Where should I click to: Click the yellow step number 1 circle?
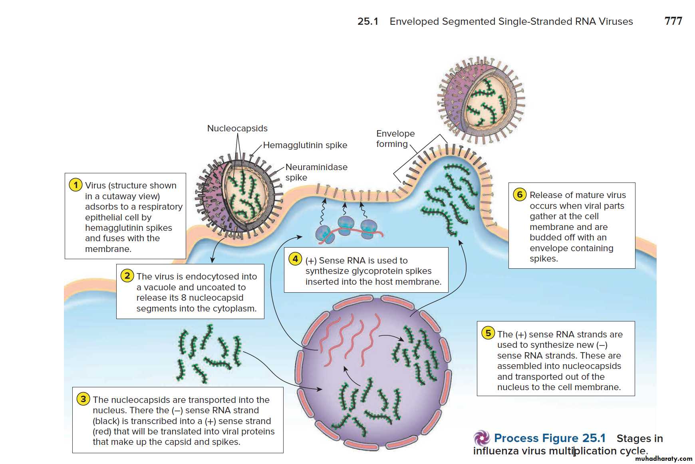(x=75, y=185)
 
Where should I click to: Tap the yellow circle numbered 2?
(x=127, y=276)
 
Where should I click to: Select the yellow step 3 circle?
(x=83, y=399)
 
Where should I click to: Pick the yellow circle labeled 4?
(x=295, y=259)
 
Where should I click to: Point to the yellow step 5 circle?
(x=488, y=333)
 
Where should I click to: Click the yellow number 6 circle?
(x=520, y=194)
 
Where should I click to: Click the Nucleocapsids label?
(x=237, y=129)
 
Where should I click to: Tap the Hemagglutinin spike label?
(x=305, y=145)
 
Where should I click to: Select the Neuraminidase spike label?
(x=316, y=172)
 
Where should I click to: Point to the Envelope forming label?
(x=395, y=139)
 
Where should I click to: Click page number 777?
(x=673, y=21)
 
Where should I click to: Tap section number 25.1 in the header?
(x=367, y=22)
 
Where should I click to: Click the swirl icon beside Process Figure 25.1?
(x=482, y=438)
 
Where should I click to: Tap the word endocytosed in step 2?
(x=212, y=276)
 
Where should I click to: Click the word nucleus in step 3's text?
(x=110, y=410)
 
